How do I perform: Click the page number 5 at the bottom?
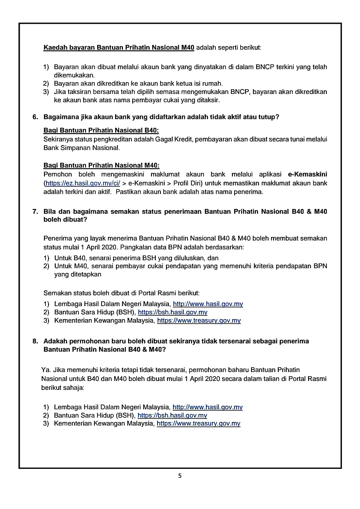(x=180, y=476)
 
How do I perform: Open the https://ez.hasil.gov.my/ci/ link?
(x=83, y=183)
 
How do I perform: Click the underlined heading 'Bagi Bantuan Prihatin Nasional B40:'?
(x=101, y=130)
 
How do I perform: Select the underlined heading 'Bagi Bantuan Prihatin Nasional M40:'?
(x=101, y=165)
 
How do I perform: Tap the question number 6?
(x=35, y=117)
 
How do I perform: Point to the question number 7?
(x=35, y=211)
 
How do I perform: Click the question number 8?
(x=35, y=341)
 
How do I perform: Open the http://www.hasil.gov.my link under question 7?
(x=208, y=304)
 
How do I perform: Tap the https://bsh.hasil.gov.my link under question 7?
(x=172, y=312)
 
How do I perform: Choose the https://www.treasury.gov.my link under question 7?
(x=199, y=320)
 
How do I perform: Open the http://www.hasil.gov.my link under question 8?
(x=207, y=407)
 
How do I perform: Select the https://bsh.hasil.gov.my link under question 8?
(x=172, y=415)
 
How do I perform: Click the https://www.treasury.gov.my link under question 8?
(x=198, y=424)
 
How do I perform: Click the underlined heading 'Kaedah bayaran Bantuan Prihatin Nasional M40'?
(x=119, y=48)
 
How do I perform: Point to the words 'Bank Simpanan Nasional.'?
(x=82, y=148)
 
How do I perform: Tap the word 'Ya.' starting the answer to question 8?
(x=46, y=370)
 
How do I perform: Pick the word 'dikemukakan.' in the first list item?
(x=74, y=75)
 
